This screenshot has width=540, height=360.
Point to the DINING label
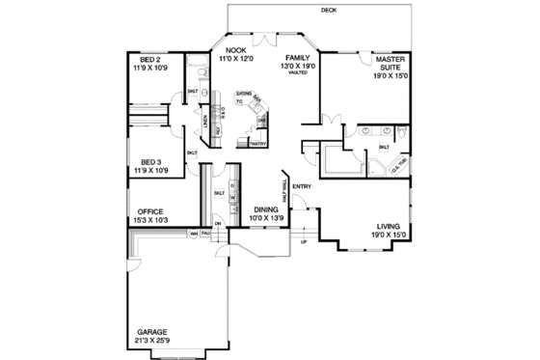[x=266, y=208]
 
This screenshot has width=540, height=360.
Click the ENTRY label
[x=301, y=187]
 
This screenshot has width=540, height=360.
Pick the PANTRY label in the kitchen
[x=256, y=144]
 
